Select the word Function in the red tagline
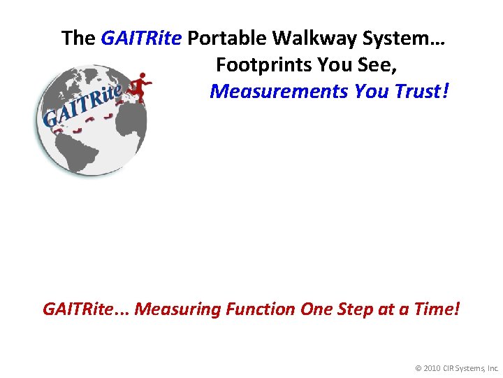pos(261,309)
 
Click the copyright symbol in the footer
pos(418,367)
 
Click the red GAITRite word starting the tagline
pos(85,309)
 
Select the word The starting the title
pos(78,38)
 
